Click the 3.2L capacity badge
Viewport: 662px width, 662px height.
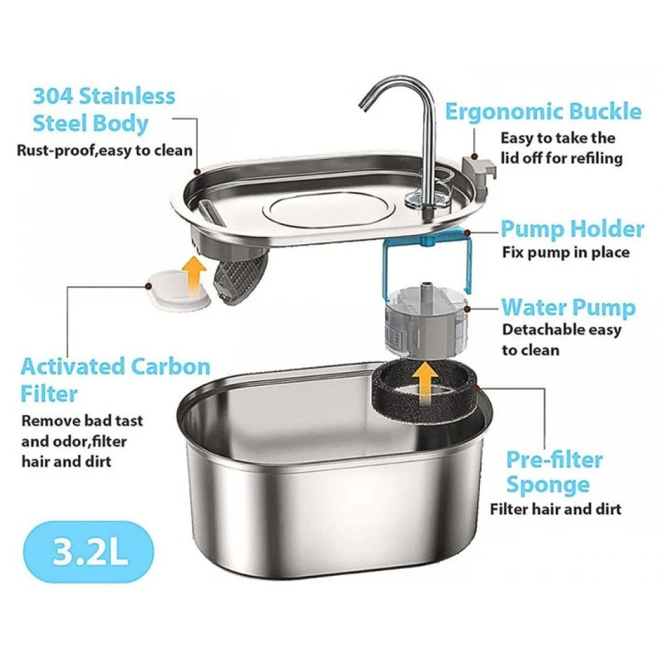pos(89,552)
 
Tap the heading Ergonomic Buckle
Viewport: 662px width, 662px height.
pos(544,112)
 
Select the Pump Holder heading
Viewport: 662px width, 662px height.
pos(573,229)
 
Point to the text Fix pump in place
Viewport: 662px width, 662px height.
pos(566,252)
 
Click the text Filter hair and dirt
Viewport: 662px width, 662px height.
pos(555,509)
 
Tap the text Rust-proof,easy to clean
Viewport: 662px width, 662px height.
pos(105,150)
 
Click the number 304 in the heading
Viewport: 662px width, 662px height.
pos(53,96)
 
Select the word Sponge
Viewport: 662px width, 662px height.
pos(548,485)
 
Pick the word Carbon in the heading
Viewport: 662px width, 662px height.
pos(171,367)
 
